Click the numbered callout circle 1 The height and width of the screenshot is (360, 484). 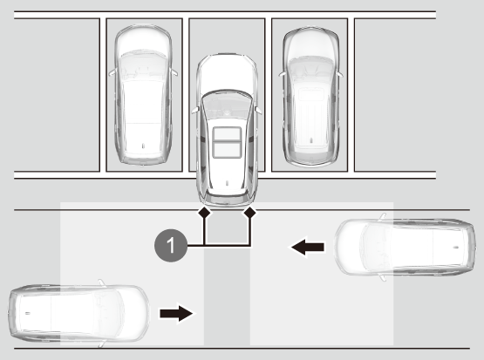click(x=171, y=246)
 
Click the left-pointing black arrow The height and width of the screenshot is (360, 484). click(x=308, y=247)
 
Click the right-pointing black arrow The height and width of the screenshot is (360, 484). click(x=176, y=314)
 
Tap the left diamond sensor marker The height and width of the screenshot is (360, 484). click(x=204, y=212)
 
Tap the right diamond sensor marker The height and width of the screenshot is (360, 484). click(x=250, y=212)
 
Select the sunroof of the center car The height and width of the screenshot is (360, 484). click(x=227, y=142)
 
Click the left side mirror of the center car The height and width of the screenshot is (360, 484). click(x=194, y=110)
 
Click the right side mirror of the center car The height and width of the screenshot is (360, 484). click(x=258, y=110)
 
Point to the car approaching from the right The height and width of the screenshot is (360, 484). click(x=405, y=247)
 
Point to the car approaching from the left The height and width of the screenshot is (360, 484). click(x=79, y=313)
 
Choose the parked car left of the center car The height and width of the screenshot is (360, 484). click(x=143, y=95)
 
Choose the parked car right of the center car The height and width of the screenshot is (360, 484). click(x=310, y=97)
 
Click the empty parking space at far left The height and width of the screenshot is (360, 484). click(x=57, y=95)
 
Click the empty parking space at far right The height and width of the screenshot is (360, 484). click(x=395, y=95)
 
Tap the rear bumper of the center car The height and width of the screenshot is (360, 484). click(x=227, y=200)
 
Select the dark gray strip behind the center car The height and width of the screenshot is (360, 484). click(x=227, y=278)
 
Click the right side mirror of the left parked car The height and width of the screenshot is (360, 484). click(x=174, y=72)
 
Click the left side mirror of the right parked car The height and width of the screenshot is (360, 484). click(x=282, y=74)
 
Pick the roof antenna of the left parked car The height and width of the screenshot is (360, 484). click(x=143, y=146)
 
